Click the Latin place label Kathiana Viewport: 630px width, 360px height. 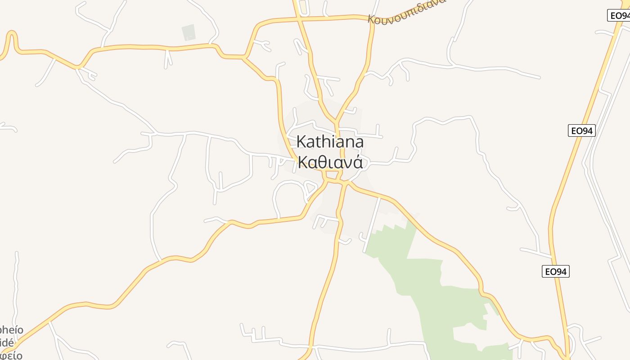pyautogui.click(x=330, y=142)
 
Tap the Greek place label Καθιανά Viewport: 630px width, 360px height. pyautogui.click(x=330, y=162)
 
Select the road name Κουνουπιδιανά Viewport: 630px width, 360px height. pyautogui.click(x=406, y=11)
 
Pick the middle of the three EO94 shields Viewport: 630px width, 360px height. pyautogui.click(x=581, y=131)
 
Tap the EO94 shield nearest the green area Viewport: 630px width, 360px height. pyautogui.click(x=555, y=272)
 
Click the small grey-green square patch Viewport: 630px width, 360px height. pyautogui.click(x=189, y=32)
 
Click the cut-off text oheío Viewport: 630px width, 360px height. pyautogui.click(x=12, y=330)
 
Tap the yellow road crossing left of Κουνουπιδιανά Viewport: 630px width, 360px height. pyautogui.click(x=298, y=19)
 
